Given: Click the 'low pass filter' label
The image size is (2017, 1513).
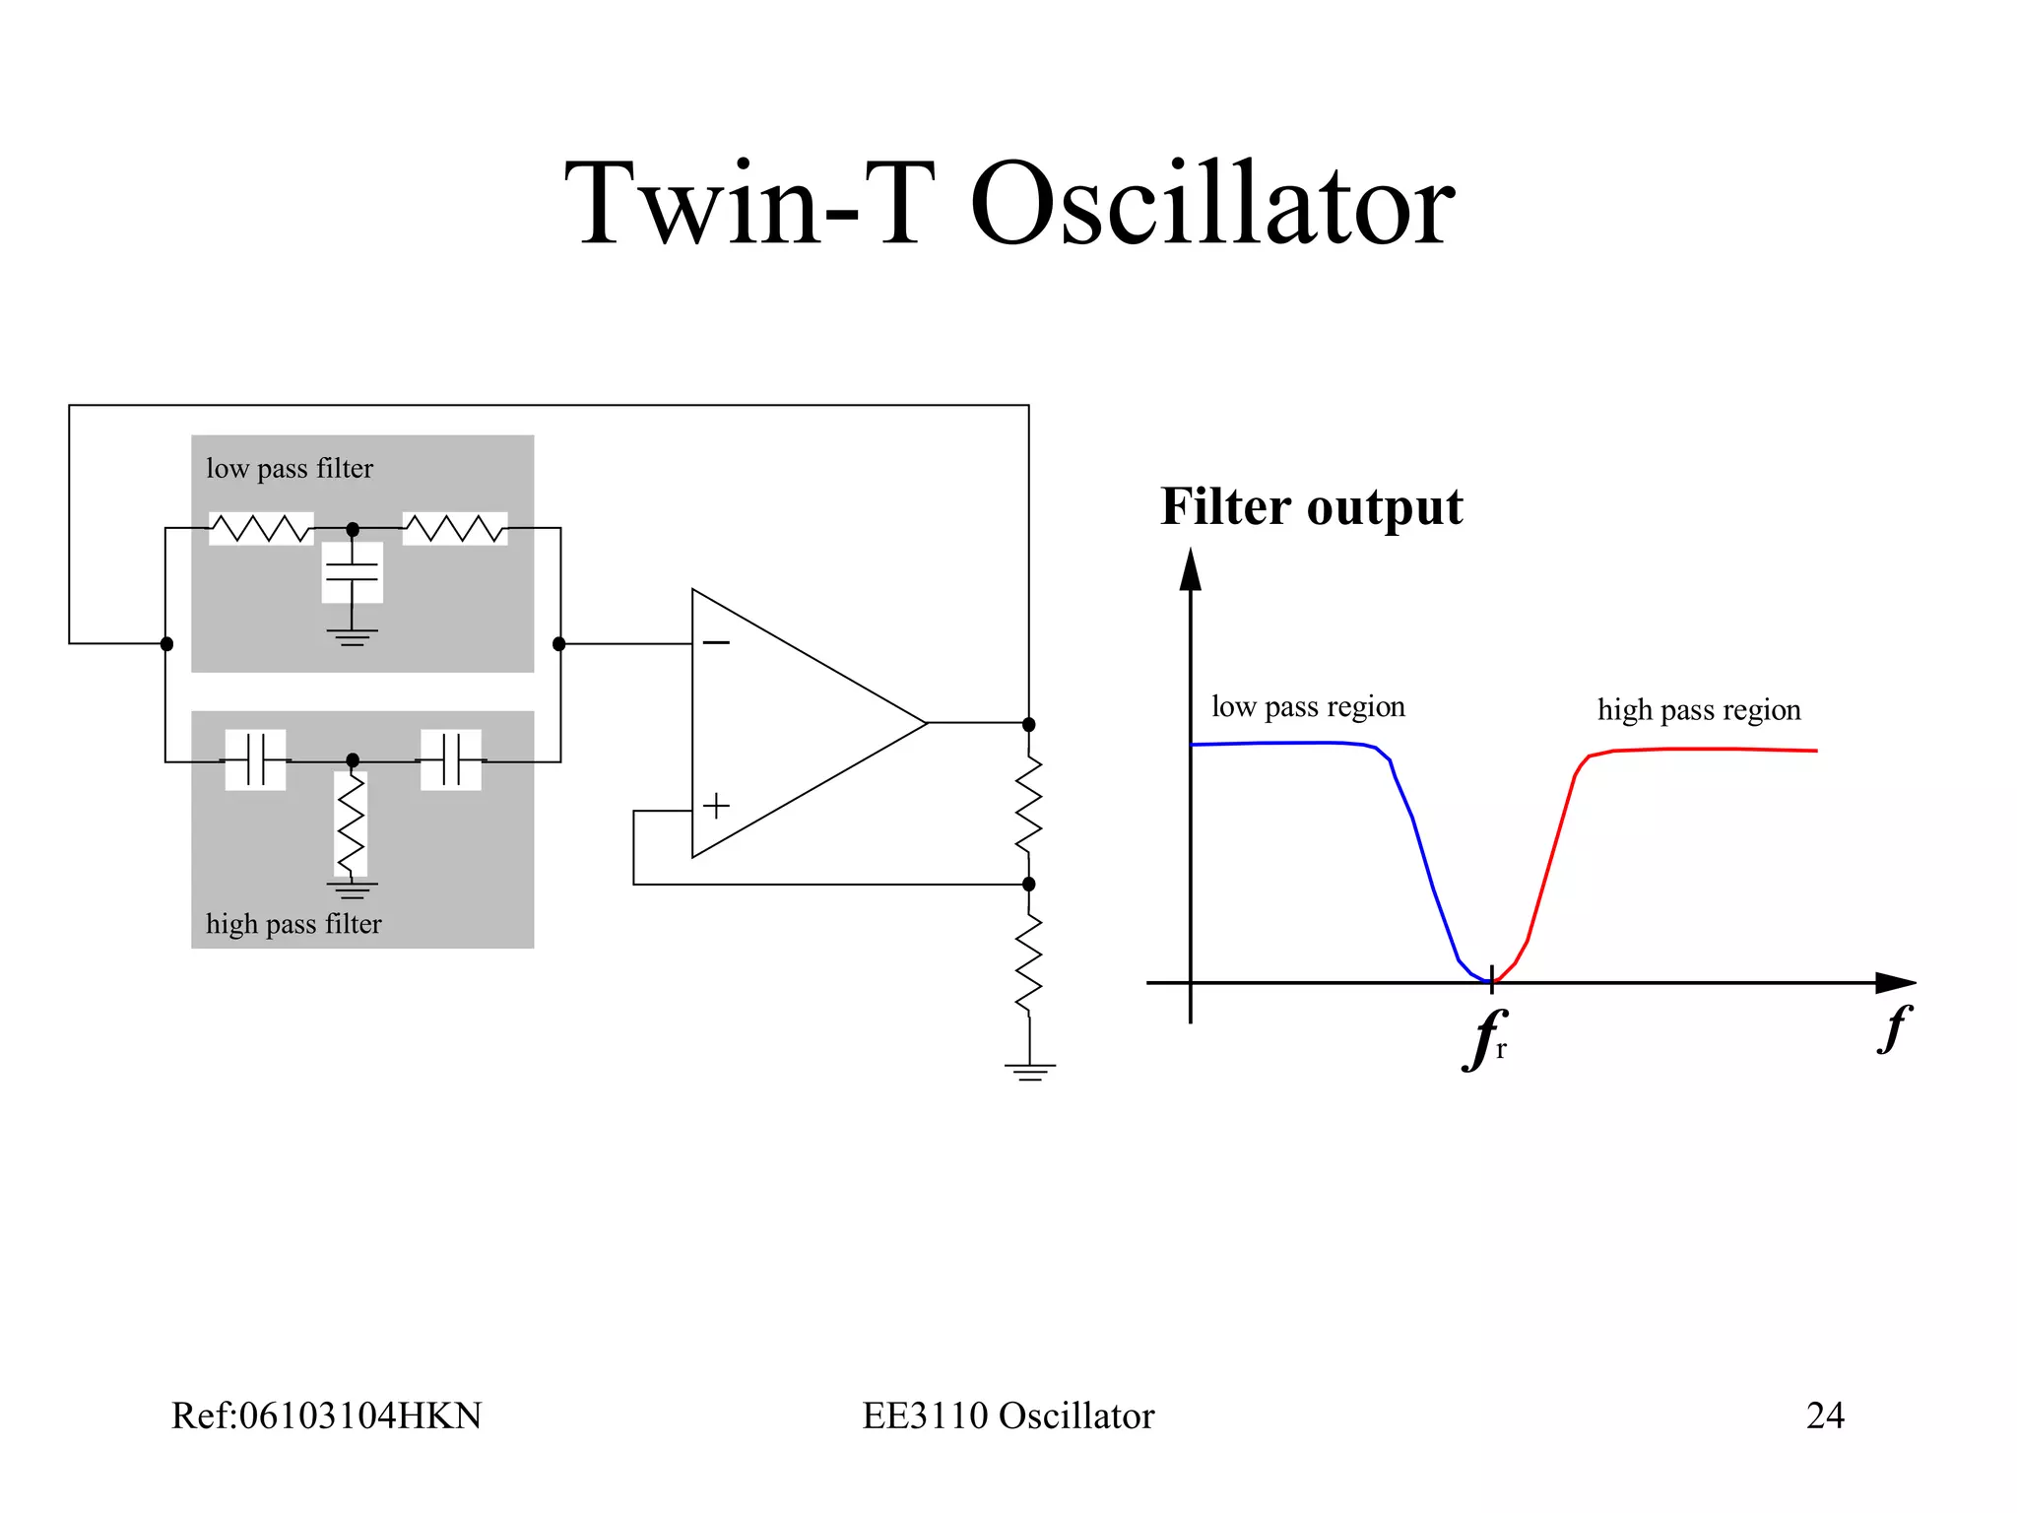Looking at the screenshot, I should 290,468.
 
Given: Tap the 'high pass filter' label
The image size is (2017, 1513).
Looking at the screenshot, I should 293,924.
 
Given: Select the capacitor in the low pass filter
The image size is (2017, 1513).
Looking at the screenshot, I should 352,572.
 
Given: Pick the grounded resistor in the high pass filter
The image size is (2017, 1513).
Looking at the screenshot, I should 352,824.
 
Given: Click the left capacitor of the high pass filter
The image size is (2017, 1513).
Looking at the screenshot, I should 255,759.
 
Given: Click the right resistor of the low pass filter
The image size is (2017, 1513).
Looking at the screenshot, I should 455,529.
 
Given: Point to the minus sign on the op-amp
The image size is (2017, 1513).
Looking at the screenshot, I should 716,643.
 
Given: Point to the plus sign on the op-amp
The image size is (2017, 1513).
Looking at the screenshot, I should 716,806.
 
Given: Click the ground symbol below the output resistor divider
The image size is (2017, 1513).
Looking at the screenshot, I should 1030,1071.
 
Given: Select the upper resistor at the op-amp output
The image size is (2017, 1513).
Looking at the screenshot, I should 1029,804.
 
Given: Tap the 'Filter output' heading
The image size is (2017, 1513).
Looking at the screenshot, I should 1311,506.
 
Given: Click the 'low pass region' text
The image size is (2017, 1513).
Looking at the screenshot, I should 1308,706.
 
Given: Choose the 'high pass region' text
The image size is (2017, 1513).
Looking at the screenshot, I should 1699,709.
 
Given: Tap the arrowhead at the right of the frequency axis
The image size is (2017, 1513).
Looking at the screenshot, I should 1895,982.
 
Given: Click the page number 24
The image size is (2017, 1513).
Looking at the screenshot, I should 1825,1415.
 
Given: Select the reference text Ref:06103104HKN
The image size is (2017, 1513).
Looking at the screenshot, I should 326,1415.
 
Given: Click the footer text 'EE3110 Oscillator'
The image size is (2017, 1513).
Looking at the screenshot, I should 1008,1415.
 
